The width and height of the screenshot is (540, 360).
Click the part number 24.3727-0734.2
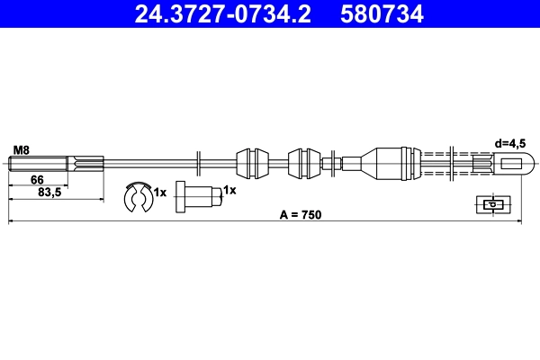pyautogui.click(x=223, y=13)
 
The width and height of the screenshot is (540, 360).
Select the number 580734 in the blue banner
pyautogui.click(x=382, y=13)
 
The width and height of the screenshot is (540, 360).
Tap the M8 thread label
pyautogui.click(x=22, y=150)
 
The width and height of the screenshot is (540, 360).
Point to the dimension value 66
pyautogui.click(x=37, y=179)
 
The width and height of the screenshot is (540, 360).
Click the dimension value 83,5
pyautogui.click(x=49, y=193)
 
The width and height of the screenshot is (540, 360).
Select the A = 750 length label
pyautogui.click(x=301, y=214)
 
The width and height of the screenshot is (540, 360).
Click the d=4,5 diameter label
pyautogui.click(x=510, y=143)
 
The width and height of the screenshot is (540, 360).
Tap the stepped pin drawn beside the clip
pyautogui.click(x=199, y=197)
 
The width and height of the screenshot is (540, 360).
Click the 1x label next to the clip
pyautogui.click(x=160, y=193)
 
